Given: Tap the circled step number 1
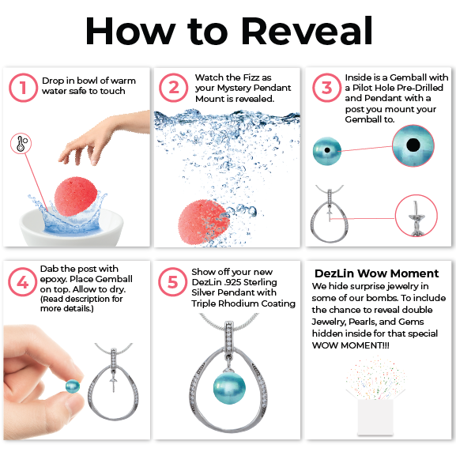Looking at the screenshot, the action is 23,88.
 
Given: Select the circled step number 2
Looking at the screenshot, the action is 174,88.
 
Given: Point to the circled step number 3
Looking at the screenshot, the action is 326,88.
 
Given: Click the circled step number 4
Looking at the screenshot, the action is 22,282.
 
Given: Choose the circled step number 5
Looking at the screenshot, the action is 173,282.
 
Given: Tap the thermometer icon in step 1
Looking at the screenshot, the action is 21,144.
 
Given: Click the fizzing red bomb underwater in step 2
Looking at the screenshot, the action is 204,221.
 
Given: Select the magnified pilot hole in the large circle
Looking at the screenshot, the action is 413,145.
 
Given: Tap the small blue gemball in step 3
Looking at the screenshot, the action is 327,151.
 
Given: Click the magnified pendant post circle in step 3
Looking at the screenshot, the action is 416,216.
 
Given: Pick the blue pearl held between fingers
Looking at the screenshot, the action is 73,386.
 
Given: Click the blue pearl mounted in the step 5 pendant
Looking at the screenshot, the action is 229,388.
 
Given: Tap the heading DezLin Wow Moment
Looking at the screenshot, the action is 377,273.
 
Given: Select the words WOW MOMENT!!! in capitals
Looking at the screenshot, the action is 350,345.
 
